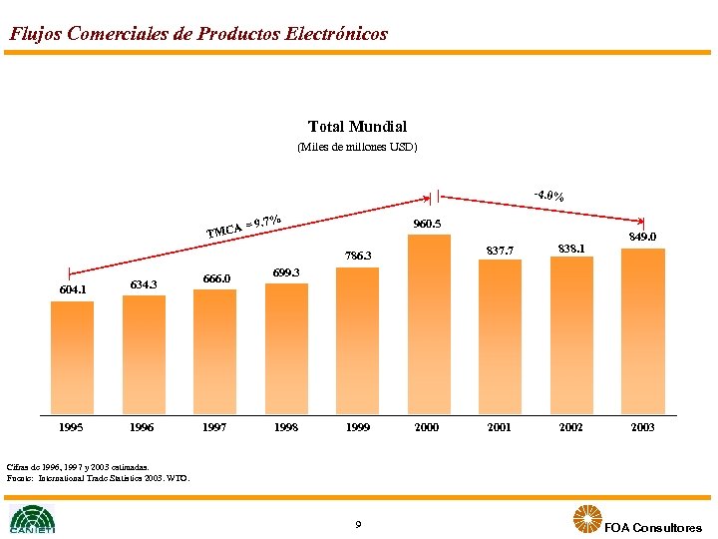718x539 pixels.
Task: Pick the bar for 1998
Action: pyautogui.click(x=285, y=348)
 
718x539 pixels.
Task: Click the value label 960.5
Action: pyautogui.click(x=428, y=224)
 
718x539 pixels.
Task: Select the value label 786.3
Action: pyautogui.click(x=357, y=257)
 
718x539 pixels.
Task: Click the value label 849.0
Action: pyautogui.click(x=641, y=238)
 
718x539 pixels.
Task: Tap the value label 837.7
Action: pyautogui.click(x=499, y=251)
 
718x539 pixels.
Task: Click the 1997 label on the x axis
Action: pyautogui.click(x=213, y=427)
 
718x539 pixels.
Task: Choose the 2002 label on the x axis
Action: pyautogui.click(x=570, y=427)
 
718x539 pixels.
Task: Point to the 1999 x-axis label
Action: pyautogui.click(x=357, y=427)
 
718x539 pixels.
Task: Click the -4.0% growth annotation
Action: pyautogui.click(x=547, y=195)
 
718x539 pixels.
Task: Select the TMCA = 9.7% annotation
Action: pyautogui.click(x=243, y=227)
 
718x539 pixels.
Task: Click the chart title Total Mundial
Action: pyautogui.click(x=357, y=127)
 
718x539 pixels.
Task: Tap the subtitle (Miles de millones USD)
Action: pyautogui.click(x=357, y=148)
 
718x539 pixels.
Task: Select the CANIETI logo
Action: pyautogui.click(x=32, y=519)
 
